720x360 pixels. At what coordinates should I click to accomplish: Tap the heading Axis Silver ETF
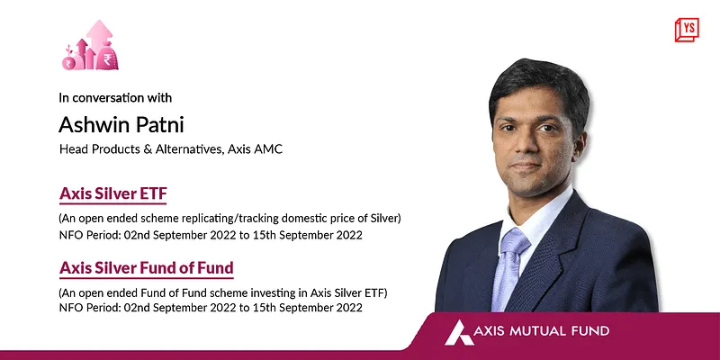tap(113, 193)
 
